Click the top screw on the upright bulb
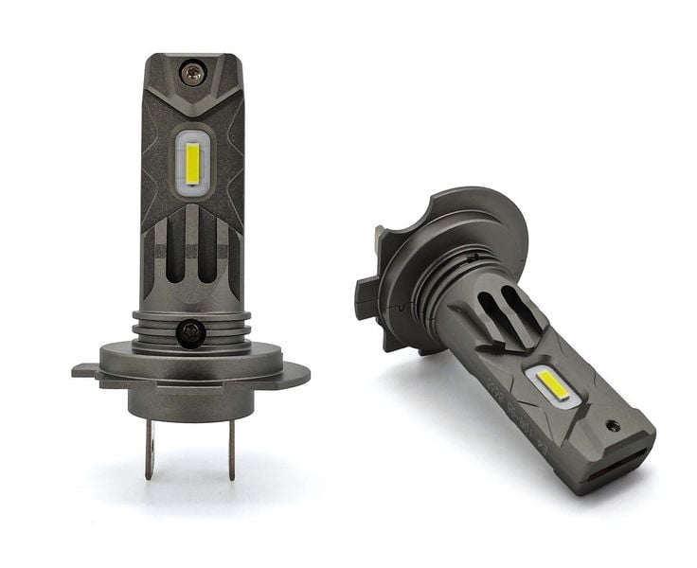[192, 71]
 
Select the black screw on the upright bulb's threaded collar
[191, 331]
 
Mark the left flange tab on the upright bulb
[85, 370]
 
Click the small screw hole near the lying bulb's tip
[613, 425]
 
